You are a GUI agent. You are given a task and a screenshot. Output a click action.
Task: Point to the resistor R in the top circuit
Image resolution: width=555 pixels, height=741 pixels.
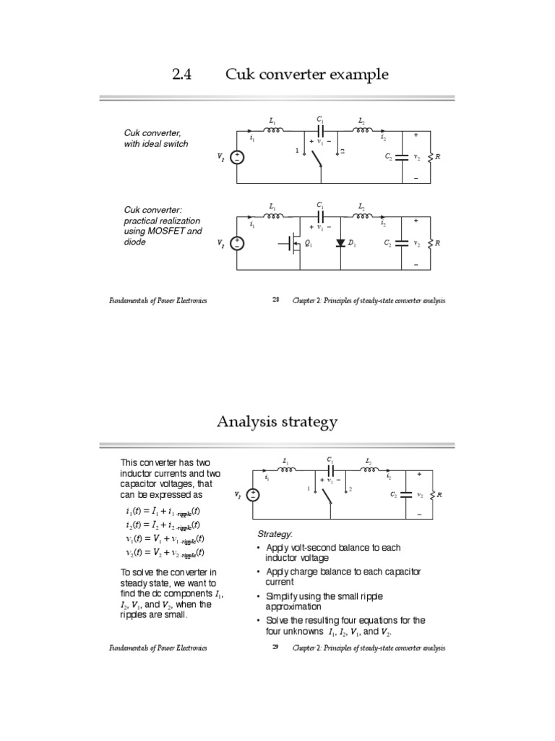coord(431,157)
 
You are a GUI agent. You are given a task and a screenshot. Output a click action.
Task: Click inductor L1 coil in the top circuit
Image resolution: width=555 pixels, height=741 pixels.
coord(274,131)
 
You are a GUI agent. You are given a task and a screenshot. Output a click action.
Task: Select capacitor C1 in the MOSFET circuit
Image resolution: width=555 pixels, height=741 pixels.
coord(320,216)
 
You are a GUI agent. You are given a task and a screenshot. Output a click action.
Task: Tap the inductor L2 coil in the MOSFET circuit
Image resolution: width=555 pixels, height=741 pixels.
coord(362,216)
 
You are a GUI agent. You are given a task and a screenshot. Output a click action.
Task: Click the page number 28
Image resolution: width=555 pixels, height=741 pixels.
coord(275,300)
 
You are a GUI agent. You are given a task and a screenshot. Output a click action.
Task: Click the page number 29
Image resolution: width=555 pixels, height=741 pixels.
coord(275,648)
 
